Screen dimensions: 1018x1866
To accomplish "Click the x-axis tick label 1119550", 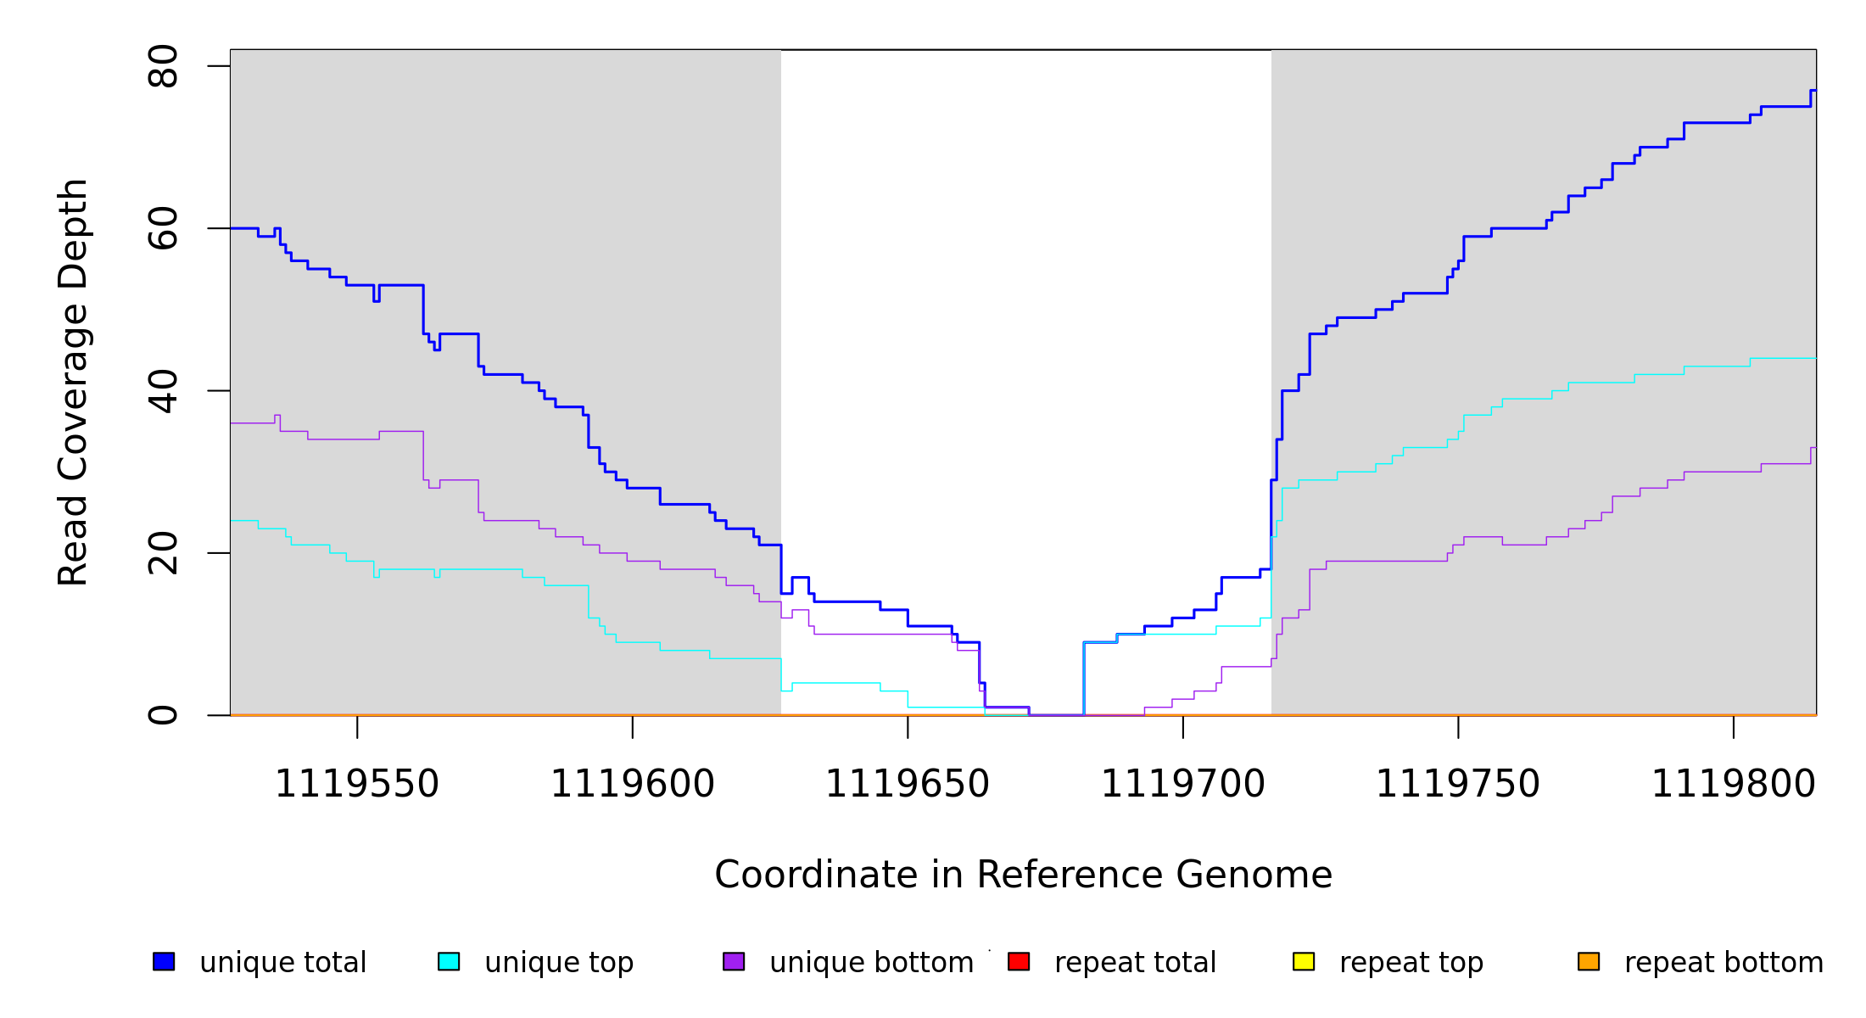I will [357, 784].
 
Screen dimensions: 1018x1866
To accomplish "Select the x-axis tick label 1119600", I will [633, 784].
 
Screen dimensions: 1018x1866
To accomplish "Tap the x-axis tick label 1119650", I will [908, 784].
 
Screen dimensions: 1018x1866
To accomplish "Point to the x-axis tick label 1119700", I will [1183, 784].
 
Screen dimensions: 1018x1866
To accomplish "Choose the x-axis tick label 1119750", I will [1458, 784].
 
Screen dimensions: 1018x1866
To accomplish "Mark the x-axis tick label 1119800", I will [1734, 784].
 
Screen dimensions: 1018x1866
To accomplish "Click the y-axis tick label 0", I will [163, 715].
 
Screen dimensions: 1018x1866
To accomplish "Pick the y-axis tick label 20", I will [163, 553].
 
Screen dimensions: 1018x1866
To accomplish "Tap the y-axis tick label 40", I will [163, 391].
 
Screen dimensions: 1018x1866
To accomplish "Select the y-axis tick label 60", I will [163, 228].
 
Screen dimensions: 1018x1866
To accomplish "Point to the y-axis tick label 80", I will [163, 66].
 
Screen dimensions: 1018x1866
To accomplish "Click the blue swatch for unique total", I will [164, 961].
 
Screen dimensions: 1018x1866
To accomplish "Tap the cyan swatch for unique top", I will [449, 961].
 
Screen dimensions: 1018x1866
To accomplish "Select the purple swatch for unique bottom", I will [734, 961].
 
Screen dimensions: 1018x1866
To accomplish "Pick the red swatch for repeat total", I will [1019, 961].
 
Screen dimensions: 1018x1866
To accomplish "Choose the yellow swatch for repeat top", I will [1304, 961].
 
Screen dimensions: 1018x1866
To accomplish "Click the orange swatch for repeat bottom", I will [1589, 961].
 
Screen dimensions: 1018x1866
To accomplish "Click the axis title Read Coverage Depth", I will [73, 382].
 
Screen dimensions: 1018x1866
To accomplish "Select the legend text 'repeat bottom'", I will [1724, 963].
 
